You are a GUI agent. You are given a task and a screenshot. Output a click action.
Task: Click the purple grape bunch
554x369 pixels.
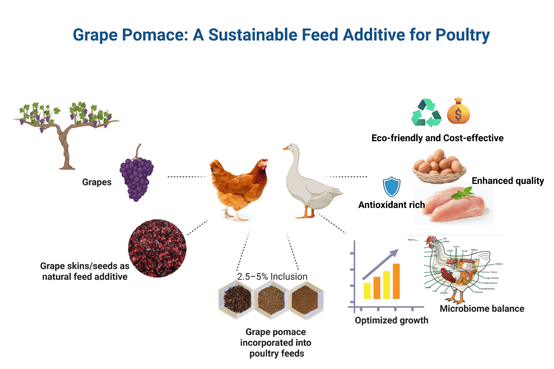click(137, 177)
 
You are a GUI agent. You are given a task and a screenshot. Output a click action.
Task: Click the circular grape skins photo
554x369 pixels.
click(157, 248)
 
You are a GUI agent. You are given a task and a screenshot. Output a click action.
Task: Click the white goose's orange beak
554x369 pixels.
click(286, 149)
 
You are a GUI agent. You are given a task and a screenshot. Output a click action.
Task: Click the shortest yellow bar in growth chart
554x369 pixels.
click(367, 290)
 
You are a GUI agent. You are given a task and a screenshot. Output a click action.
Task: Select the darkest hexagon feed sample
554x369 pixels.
click(235, 300)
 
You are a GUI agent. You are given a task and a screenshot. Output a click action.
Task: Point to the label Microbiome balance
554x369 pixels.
click(482, 309)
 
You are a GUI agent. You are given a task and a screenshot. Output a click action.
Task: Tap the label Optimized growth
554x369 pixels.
click(391, 320)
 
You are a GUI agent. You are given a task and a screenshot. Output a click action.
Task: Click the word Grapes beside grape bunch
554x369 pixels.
click(97, 182)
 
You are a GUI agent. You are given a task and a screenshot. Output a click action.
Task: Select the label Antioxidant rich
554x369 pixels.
click(391, 205)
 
